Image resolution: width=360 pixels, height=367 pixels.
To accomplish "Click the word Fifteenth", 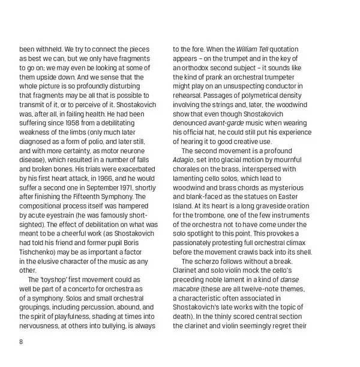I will (x=88, y=198).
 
